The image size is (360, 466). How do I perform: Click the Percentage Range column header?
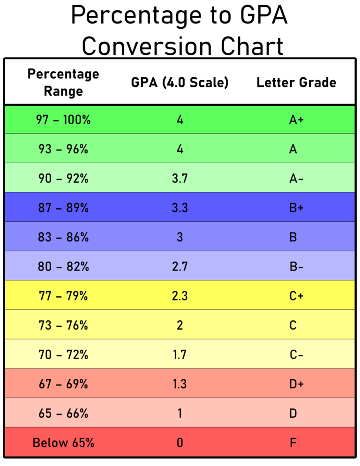63,82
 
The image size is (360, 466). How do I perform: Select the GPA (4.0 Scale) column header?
180,83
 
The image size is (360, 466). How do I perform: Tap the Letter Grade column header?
296,83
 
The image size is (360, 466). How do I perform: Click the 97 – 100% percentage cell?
63,120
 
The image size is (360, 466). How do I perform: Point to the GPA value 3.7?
180,178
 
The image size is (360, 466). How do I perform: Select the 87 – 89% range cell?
63,207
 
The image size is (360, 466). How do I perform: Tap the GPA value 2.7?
180,266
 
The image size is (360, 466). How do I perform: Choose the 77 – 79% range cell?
63,296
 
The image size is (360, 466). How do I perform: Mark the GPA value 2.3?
180,296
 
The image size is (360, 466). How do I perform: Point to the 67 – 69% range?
63,384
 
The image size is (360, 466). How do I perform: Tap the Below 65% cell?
63,443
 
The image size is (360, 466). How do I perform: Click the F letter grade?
293,443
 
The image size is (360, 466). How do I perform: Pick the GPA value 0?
180,443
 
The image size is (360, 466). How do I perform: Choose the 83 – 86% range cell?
63,237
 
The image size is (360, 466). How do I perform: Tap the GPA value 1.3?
180,384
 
